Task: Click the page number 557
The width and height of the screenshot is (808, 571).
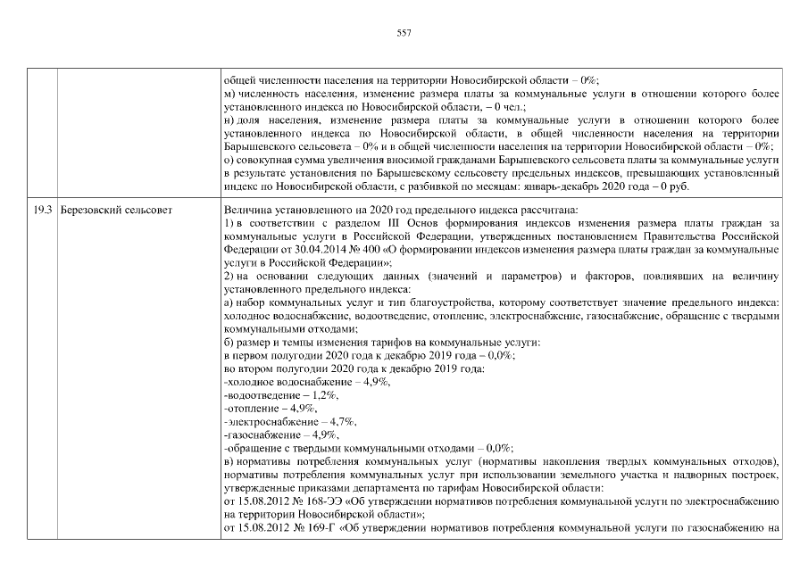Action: pyautogui.click(x=404, y=33)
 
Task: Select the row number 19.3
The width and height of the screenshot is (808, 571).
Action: pyautogui.click(x=39, y=210)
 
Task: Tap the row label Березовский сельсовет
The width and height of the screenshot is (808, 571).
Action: pyautogui.click(x=115, y=210)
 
